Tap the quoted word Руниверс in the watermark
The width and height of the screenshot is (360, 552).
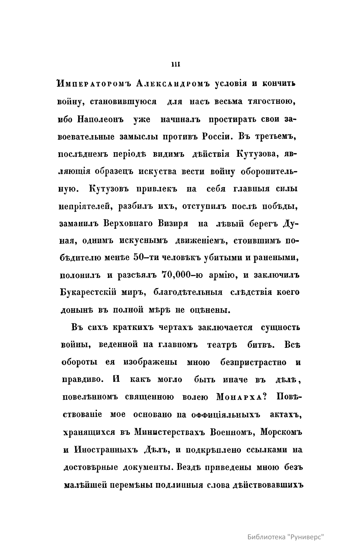tap(306, 537)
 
